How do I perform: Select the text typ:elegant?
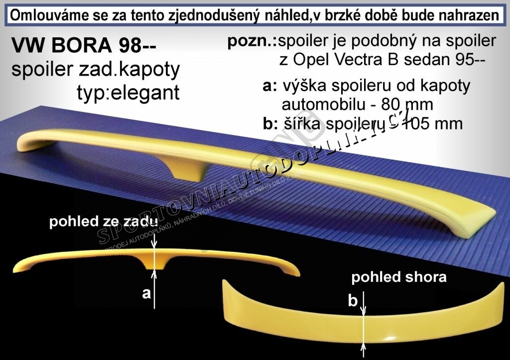coord(128,92)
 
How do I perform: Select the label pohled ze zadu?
coord(104,223)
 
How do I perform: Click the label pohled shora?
coord(399,277)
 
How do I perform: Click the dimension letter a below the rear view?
coord(146,293)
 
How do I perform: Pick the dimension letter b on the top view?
coord(353,300)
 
